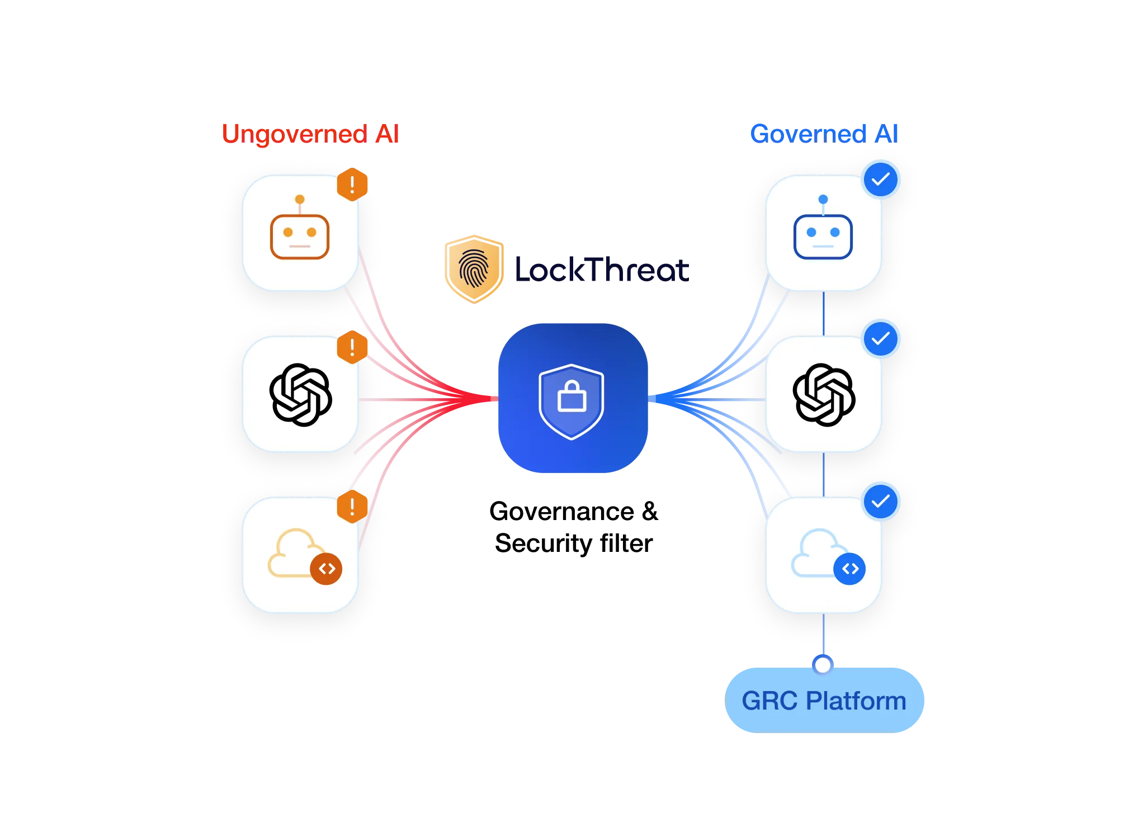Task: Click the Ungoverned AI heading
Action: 309,134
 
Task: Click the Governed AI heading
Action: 824,134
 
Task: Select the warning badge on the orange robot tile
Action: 352,183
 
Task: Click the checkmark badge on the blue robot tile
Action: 881,179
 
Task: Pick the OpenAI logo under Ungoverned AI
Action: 300,395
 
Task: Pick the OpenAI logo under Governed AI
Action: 824,395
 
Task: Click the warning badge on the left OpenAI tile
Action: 352,347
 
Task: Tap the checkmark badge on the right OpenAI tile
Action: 881,339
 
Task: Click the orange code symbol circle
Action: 327,569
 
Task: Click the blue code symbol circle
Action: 849,569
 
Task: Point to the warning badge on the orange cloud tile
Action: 352,507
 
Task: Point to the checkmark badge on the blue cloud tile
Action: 881,501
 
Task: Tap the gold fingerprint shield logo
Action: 474,268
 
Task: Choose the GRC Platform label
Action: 824,701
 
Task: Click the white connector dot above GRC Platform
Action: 823,665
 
